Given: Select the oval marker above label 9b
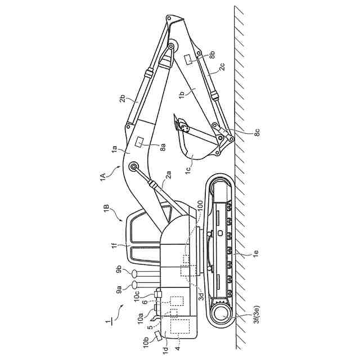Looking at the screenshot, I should [x=135, y=273].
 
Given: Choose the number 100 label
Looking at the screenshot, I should [x=201, y=214].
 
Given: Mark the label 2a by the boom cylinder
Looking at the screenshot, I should [x=166, y=180].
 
